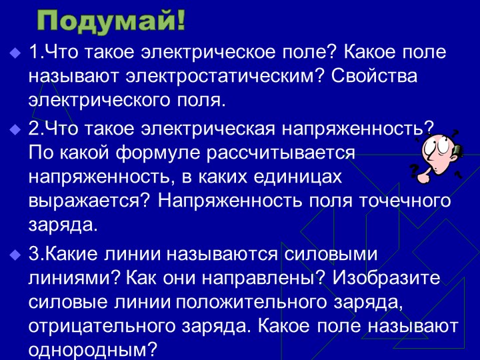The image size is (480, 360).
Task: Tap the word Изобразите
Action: click(x=392, y=278)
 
